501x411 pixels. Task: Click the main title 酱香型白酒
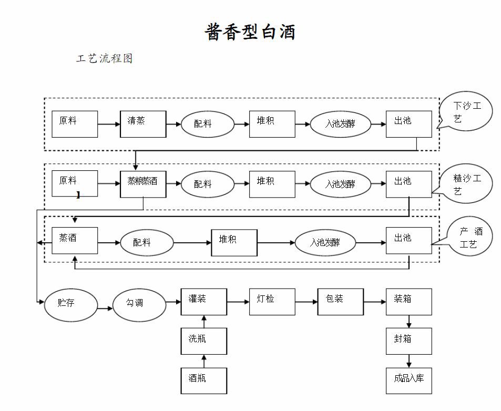250,32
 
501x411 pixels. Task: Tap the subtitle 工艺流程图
104,59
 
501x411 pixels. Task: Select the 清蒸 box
143,124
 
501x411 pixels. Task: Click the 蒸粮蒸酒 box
143,184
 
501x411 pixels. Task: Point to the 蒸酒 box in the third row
75,241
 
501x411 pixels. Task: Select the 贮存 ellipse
71,304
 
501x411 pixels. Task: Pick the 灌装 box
204,302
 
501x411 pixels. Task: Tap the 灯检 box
272,302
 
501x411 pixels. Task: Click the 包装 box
340,302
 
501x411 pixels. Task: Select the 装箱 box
408,302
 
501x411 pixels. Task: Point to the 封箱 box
408,341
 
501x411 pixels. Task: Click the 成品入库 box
408,381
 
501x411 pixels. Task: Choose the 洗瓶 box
204,341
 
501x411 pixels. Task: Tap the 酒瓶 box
204,381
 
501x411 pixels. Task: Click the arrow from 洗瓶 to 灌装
204,321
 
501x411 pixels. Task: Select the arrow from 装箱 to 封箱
408,321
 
